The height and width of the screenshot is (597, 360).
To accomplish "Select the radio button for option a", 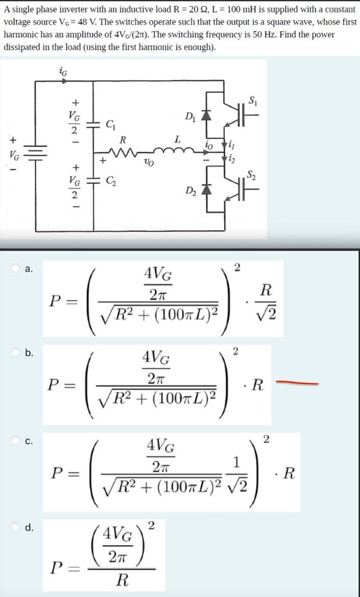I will point(16,269).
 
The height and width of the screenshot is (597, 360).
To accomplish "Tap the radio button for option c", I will point(16,441).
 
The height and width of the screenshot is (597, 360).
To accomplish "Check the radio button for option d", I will point(16,528).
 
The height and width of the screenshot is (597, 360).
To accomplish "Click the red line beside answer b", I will point(297,383).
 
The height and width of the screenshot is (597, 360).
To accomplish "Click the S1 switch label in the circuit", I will point(252,100).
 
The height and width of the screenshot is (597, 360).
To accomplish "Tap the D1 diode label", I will point(190,115).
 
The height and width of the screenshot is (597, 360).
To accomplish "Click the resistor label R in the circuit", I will point(122,140).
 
